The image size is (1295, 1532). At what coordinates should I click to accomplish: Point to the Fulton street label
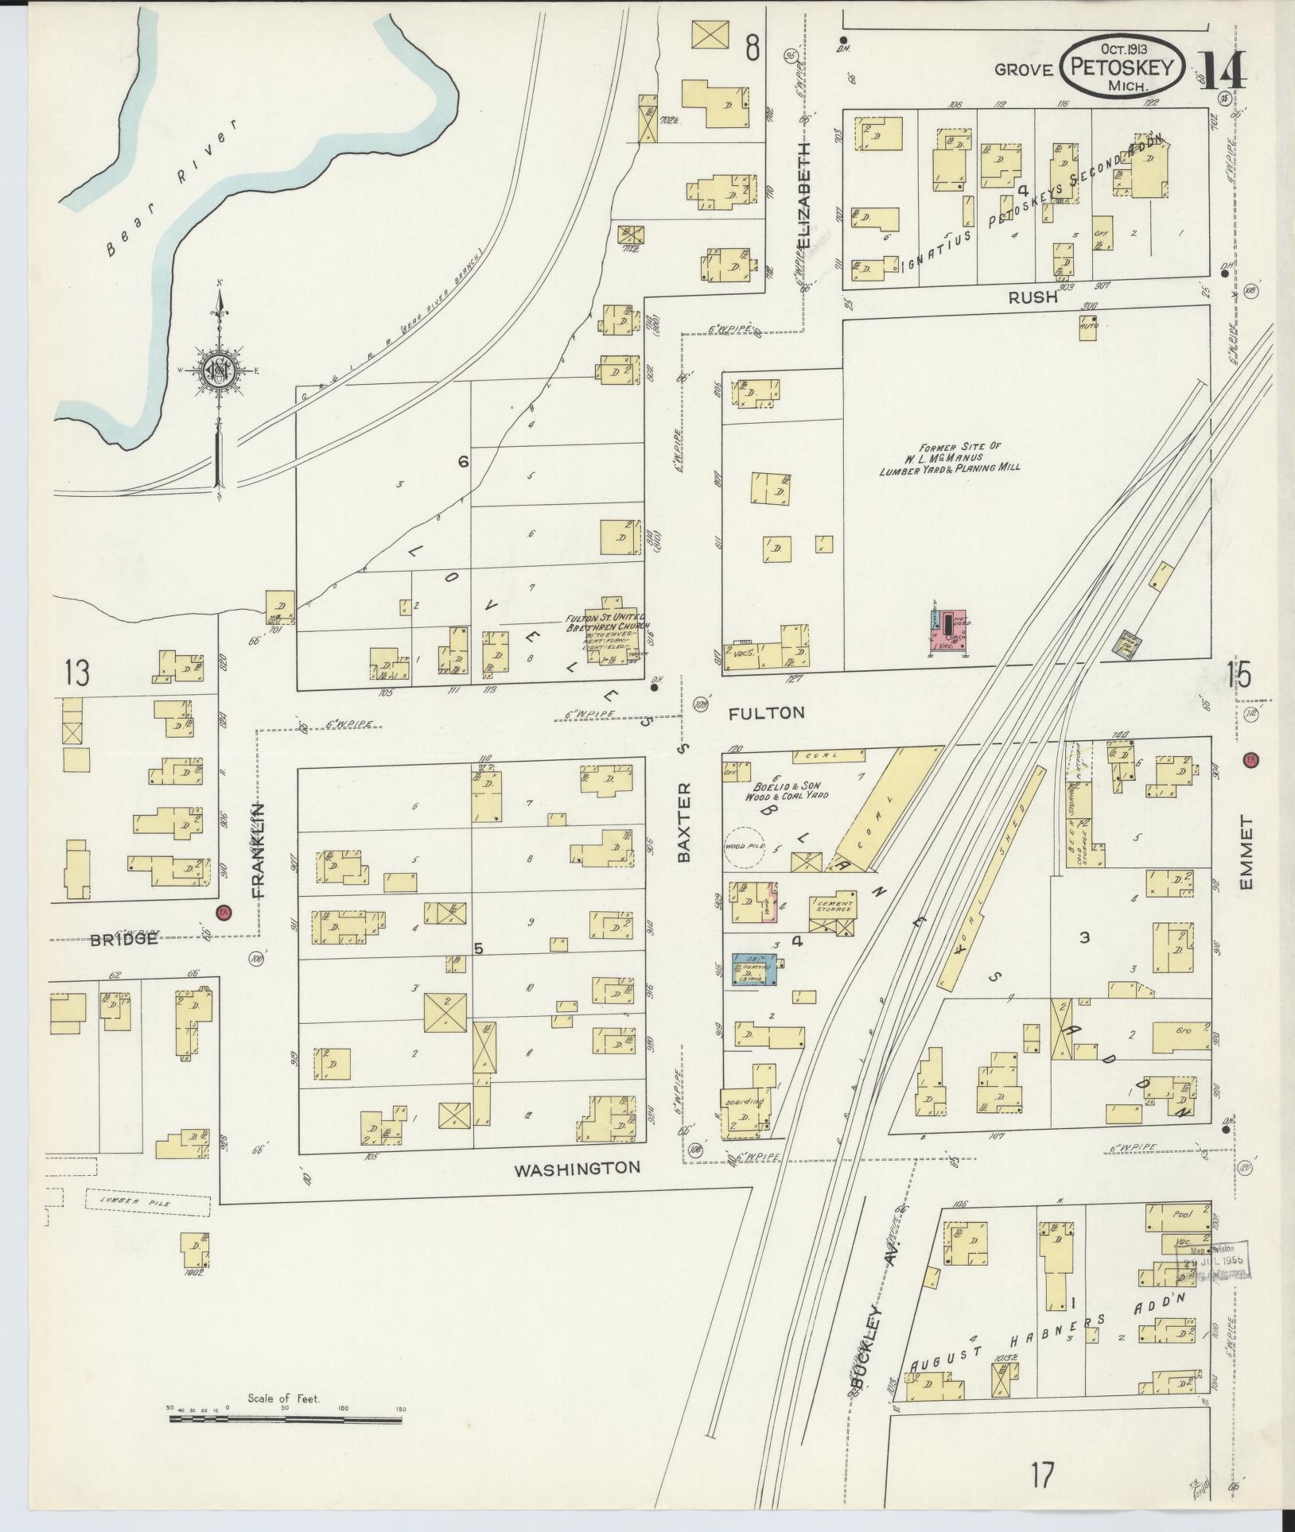pyautogui.click(x=767, y=713)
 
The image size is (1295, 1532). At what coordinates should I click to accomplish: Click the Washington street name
pyautogui.click(x=577, y=1169)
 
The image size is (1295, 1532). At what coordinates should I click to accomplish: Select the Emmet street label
pyautogui.click(x=1246, y=854)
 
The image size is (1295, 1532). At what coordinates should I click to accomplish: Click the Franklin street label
pyautogui.click(x=258, y=850)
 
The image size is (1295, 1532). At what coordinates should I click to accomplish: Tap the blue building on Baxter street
pyautogui.click(x=753, y=969)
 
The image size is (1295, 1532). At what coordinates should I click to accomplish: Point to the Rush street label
pyautogui.click(x=1032, y=297)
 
